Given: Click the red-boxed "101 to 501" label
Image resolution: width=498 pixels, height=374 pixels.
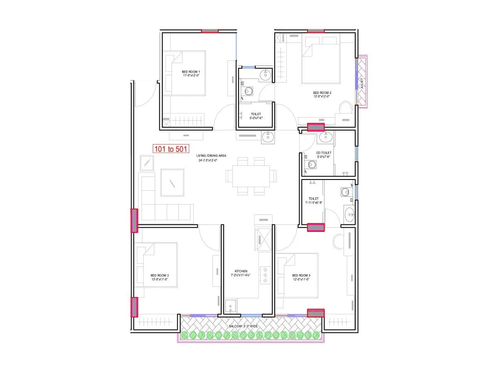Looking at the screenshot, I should click(x=171, y=149).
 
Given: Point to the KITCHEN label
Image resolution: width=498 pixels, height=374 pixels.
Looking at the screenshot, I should click(x=241, y=271).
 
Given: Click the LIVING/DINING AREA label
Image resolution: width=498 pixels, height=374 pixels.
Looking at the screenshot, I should click(x=211, y=155).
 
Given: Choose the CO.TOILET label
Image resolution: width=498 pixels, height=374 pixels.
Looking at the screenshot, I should click(x=323, y=153).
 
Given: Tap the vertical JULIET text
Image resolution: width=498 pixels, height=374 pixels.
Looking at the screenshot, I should click(x=362, y=83).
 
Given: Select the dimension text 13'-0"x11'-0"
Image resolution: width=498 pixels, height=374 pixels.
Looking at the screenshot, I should click(x=159, y=280).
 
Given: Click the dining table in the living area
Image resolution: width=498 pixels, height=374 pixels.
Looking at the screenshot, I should click(x=251, y=176).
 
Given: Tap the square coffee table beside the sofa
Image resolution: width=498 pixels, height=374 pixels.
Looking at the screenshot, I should click(x=172, y=182).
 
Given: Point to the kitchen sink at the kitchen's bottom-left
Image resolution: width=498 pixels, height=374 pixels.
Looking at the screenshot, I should click(x=230, y=306).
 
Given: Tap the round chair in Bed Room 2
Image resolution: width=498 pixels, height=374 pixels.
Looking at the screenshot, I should click(x=345, y=107).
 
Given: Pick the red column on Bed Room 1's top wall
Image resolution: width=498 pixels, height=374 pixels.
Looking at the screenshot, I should click(x=210, y=31).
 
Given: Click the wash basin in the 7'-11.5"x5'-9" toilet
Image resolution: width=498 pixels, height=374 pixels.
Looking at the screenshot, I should click(x=349, y=214).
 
